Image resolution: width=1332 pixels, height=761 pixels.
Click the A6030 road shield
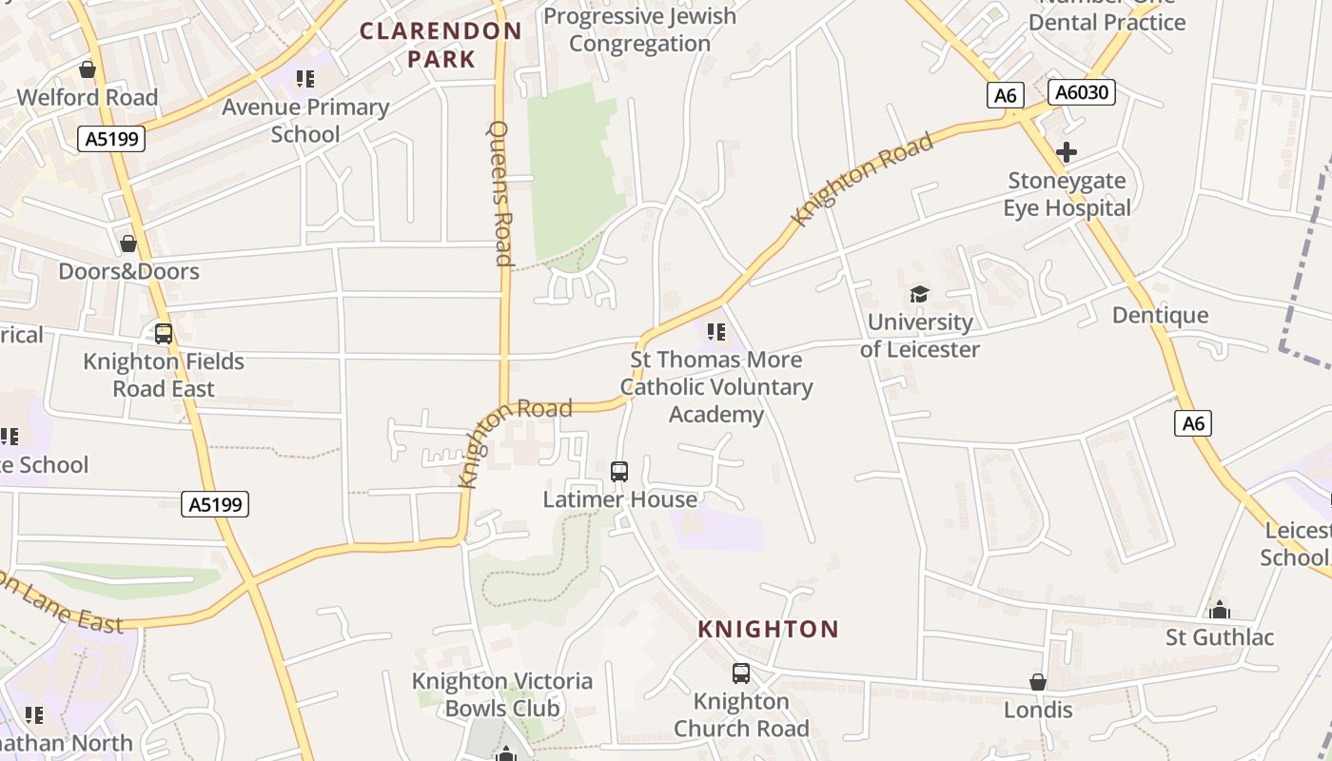point(1081,92)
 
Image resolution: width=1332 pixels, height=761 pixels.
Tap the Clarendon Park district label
point(441,45)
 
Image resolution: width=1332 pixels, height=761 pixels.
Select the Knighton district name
point(768,629)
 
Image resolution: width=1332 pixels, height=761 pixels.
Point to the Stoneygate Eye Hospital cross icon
point(1067,151)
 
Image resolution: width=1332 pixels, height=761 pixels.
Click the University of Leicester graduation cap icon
point(919,294)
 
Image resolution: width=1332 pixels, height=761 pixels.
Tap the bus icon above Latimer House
point(619,471)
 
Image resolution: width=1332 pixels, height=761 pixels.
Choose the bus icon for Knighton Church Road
point(741,673)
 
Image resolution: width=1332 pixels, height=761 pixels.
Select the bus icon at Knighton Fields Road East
point(164,334)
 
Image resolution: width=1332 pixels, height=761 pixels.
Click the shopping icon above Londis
point(1038,682)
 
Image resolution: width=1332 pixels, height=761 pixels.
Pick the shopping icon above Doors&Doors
point(128,244)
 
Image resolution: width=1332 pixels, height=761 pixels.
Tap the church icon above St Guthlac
point(1220,609)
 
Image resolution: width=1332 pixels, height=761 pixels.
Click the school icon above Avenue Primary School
point(305,79)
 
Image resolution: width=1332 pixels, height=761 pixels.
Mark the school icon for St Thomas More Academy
point(716,332)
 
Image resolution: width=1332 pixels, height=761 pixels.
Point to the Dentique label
point(1160,315)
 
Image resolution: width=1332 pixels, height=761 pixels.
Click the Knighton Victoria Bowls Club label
point(501,694)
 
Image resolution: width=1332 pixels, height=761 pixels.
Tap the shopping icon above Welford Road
point(88,69)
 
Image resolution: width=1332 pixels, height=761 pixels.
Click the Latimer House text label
point(619,499)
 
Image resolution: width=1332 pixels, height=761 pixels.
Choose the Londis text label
point(1038,710)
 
